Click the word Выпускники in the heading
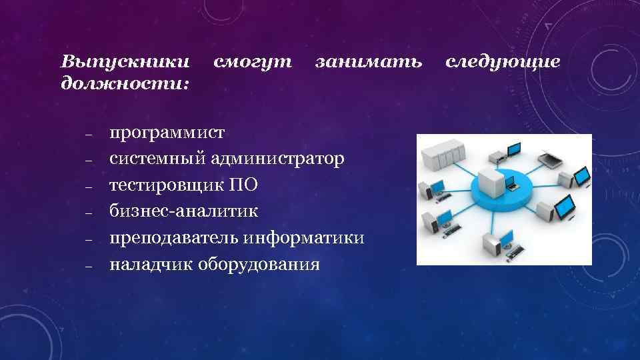125,63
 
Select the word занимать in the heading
369,63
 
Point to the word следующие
503,63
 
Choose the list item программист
167,133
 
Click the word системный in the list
157,159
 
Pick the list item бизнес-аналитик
183,211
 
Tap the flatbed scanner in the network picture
549,159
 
